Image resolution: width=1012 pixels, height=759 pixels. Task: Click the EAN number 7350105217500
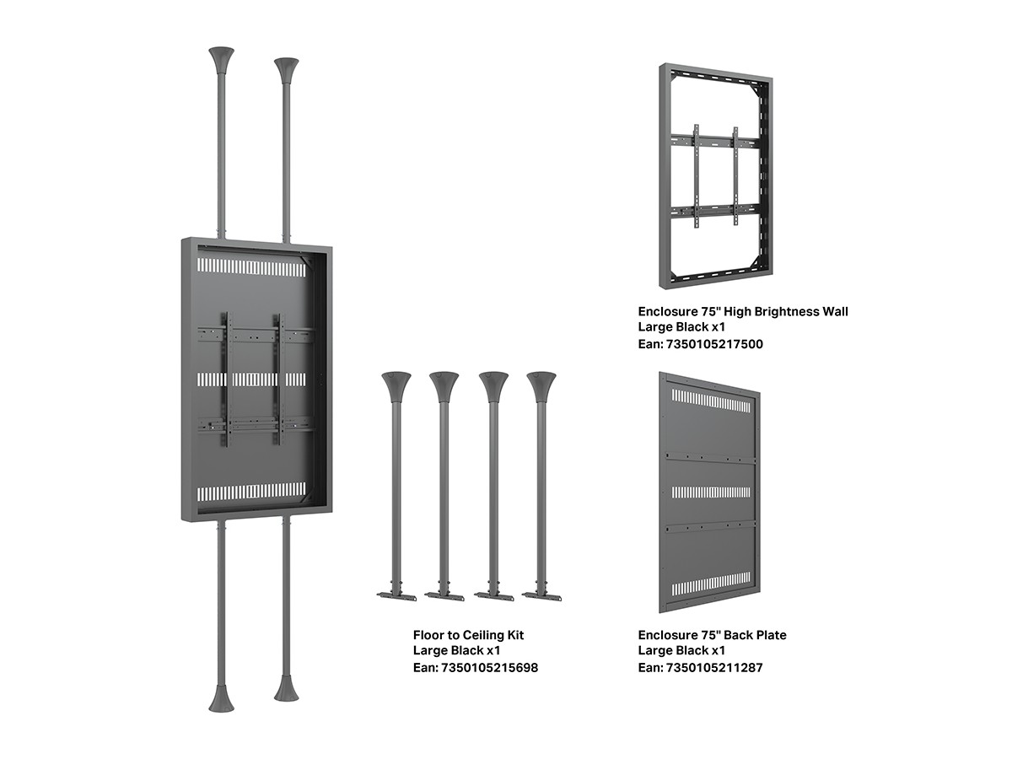click(x=714, y=344)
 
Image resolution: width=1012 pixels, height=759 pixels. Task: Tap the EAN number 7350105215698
click(x=490, y=667)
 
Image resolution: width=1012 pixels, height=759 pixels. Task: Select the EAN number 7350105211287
click(x=714, y=667)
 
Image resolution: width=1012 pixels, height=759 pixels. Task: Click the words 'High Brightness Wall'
click(x=786, y=312)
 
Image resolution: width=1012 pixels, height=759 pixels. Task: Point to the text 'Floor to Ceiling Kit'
click(x=468, y=636)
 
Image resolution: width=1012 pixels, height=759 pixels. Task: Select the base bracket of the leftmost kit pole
click(x=396, y=596)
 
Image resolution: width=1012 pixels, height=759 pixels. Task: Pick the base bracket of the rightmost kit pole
click(x=541, y=596)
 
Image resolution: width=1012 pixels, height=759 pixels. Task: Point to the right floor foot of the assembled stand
click(x=286, y=688)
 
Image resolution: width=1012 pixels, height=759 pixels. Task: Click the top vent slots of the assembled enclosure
click(x=251, y=266)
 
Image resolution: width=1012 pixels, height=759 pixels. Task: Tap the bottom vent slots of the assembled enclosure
click(x=251, y=493)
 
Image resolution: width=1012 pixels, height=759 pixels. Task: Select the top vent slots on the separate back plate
click(x=711, y=400)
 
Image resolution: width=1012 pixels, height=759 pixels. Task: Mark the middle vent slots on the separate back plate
click(x=711, y=492)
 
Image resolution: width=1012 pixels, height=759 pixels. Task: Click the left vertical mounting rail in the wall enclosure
click(x=697, y=176)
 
